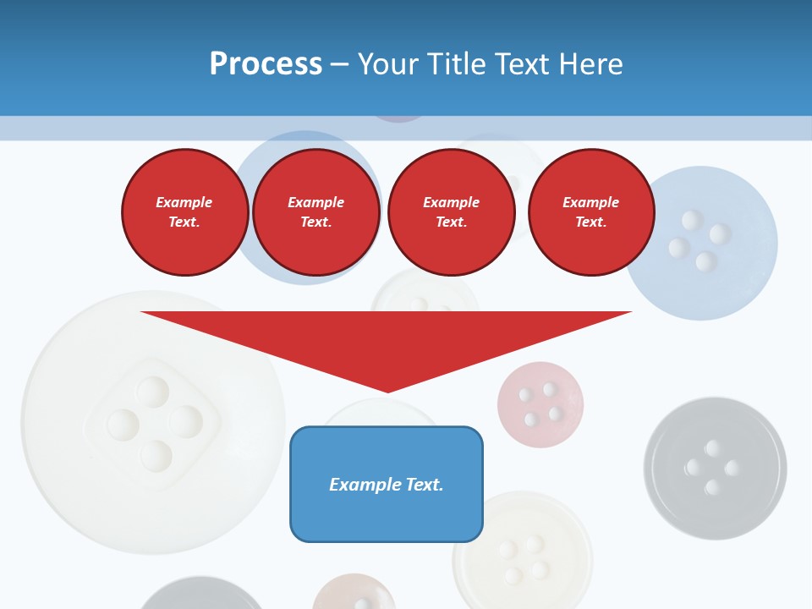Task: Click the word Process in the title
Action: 266,64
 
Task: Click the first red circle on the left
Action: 184,211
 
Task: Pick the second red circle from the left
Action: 316,211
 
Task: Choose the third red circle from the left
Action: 451,211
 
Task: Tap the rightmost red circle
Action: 590,211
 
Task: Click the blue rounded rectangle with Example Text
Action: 387,484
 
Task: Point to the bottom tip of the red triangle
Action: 387,391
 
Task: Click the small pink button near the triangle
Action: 540,404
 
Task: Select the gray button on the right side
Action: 715,468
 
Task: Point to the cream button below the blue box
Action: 522,558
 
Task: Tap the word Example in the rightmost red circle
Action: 590,202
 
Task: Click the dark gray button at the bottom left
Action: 200,595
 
